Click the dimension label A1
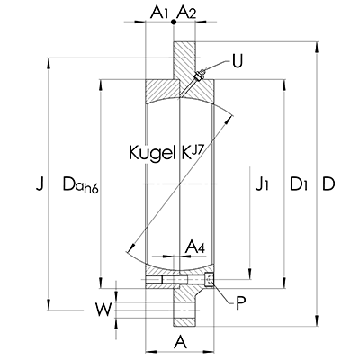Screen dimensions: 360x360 pos(158,13)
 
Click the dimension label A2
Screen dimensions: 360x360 pos(186,13)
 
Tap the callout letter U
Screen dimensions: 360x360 pos(238,61)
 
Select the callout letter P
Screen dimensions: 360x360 pos(240,303)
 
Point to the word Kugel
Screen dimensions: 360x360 pos(152,152)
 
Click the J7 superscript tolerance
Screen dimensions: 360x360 pos(198,148)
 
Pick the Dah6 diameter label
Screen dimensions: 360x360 pos(80,184)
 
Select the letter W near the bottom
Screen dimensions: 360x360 pos(103,310)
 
